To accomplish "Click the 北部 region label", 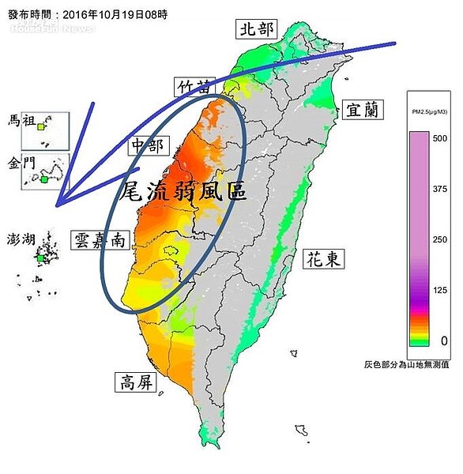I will pos(257,30).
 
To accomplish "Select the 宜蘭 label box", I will pos(363,110).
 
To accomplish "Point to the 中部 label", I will pos(146,147).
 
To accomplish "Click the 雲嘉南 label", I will pos(98,239).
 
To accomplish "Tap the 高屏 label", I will pos(136,383).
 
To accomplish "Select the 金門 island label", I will pos(21,164).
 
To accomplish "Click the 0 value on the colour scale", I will pos(444,340).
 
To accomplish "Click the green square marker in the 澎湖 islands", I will pos(40,258).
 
